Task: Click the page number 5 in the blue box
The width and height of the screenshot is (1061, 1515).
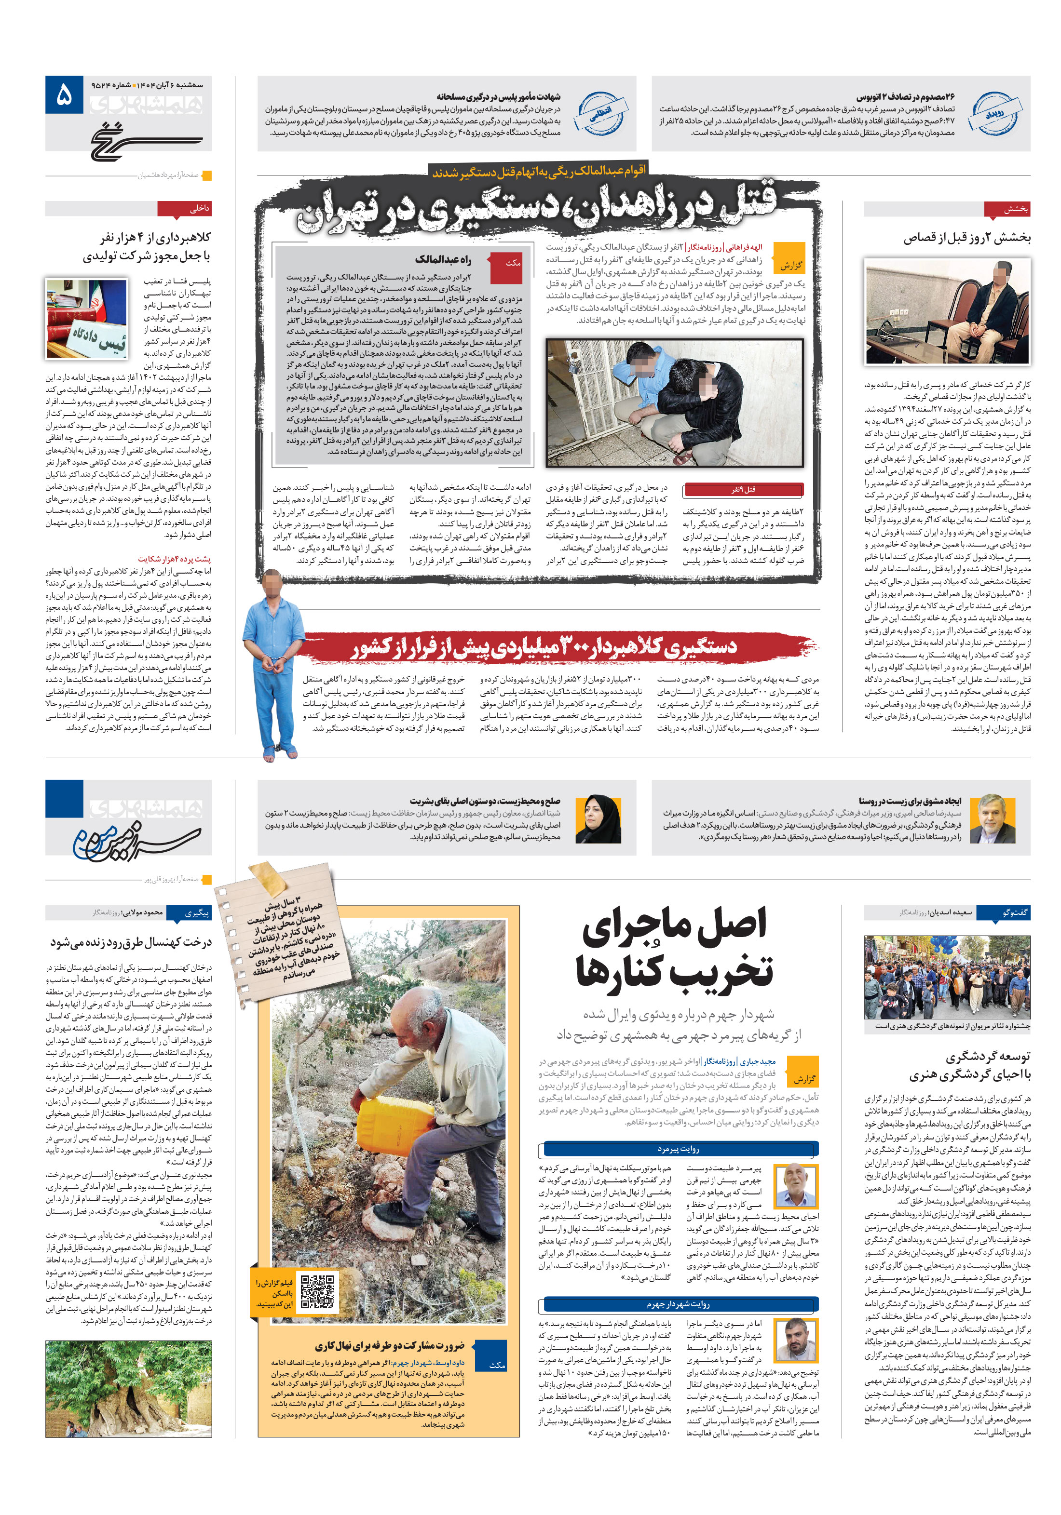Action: (x=64, y=95)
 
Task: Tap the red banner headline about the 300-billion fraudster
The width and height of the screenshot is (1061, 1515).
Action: (x=544, y=647)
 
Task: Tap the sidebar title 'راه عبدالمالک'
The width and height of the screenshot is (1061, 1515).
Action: (x=443, y=259)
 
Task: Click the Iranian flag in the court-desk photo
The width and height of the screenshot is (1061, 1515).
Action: (x=96, y=304)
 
